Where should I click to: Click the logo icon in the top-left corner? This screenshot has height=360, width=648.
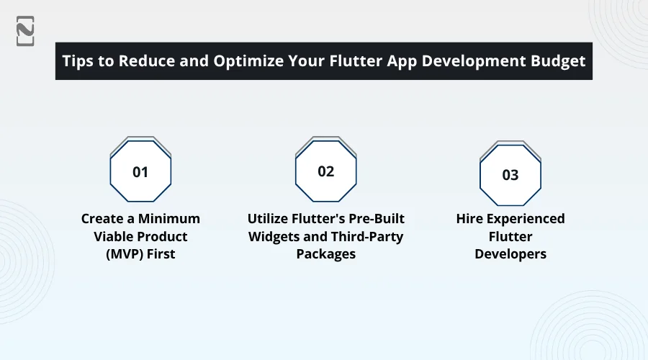(25, 30)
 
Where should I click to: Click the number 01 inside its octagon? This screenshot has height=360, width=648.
(140, 172)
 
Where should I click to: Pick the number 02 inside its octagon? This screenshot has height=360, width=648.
(326, 171)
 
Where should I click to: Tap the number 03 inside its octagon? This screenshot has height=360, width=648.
(510, 175)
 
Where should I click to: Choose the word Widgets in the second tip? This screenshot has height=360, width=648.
(274, 236)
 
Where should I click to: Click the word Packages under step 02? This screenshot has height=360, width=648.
(326, 254)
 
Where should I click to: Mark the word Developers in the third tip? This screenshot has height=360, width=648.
(510, 254)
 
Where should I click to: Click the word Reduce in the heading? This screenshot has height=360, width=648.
(148, 60)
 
